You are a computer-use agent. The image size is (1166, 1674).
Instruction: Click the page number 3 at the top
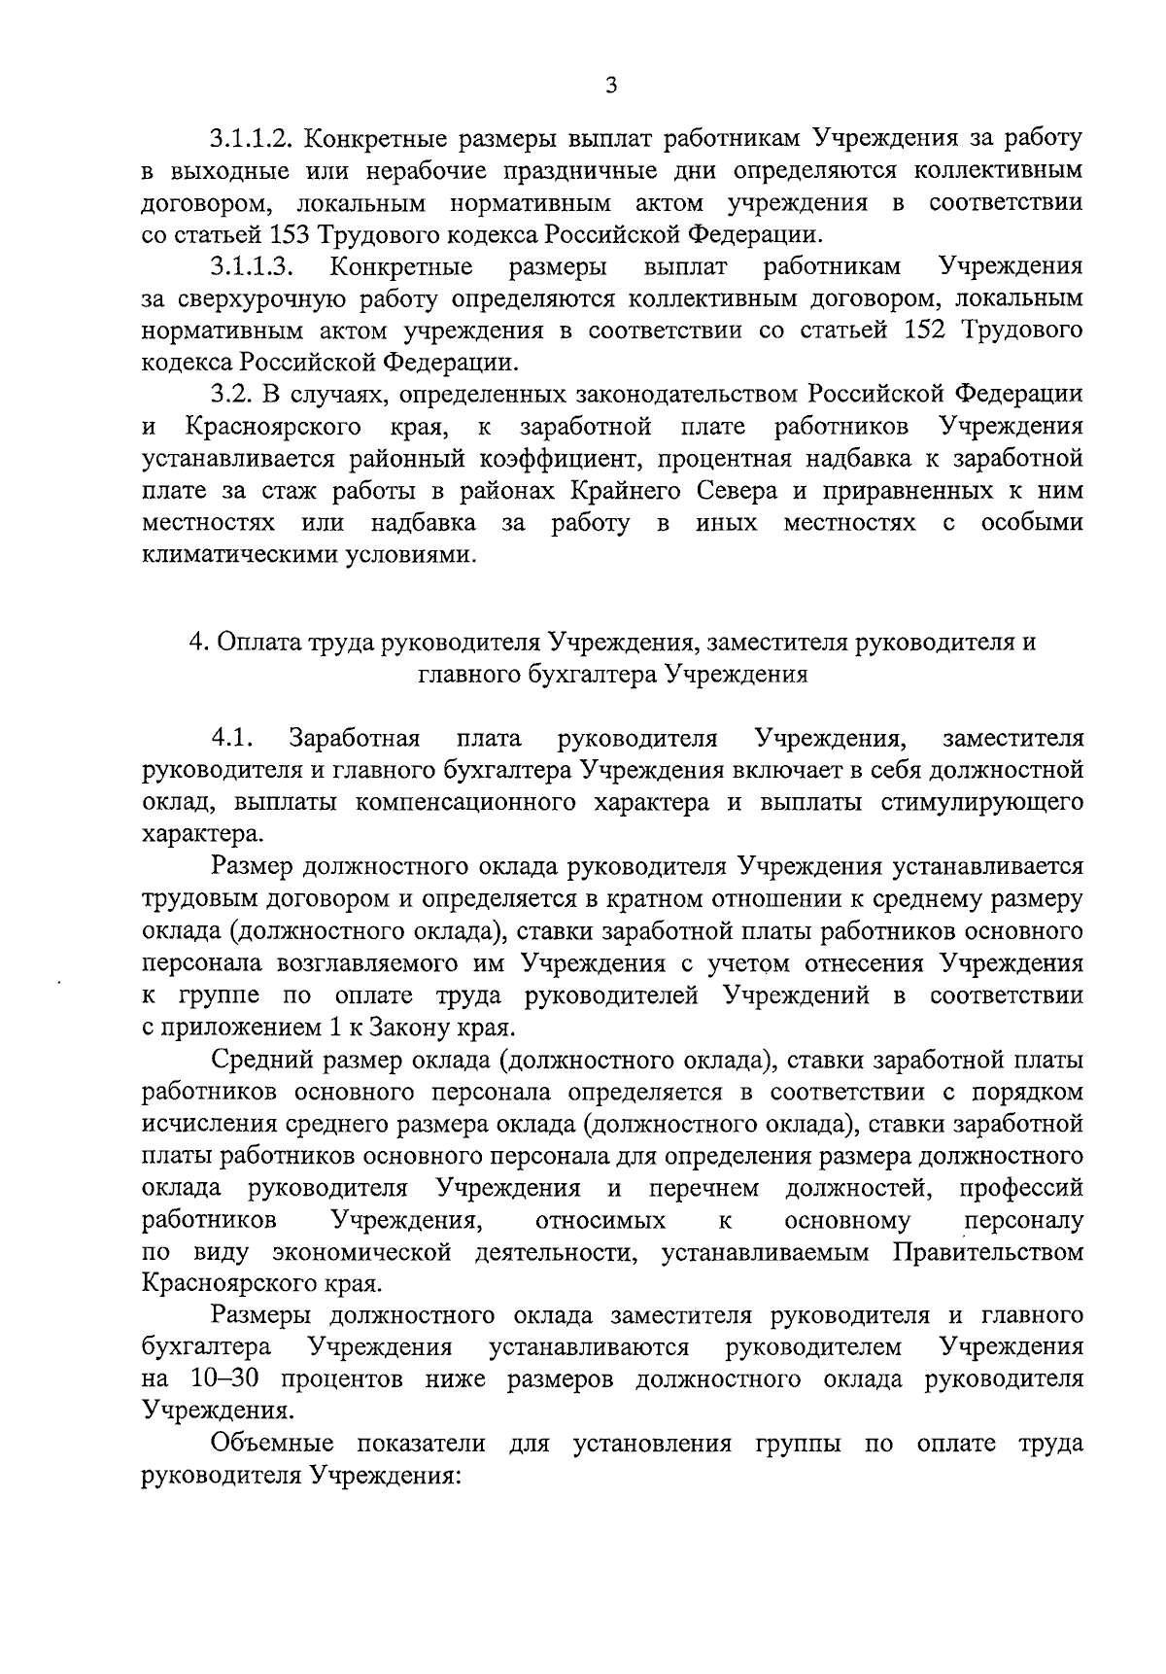[x=610, y=86]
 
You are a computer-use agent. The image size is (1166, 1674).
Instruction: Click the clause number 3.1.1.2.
[x=250, y=139]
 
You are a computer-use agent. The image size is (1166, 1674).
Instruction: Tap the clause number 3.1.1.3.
[x=250, y=266]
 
